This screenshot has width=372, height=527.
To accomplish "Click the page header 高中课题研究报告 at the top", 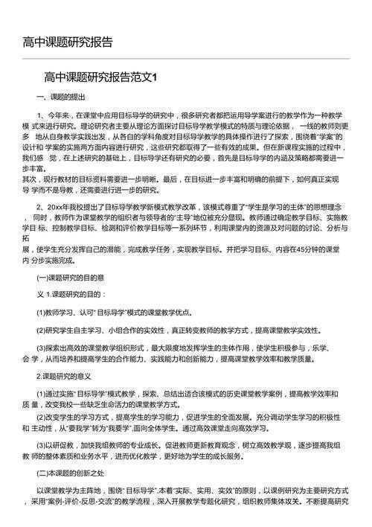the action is tap(68, 42).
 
